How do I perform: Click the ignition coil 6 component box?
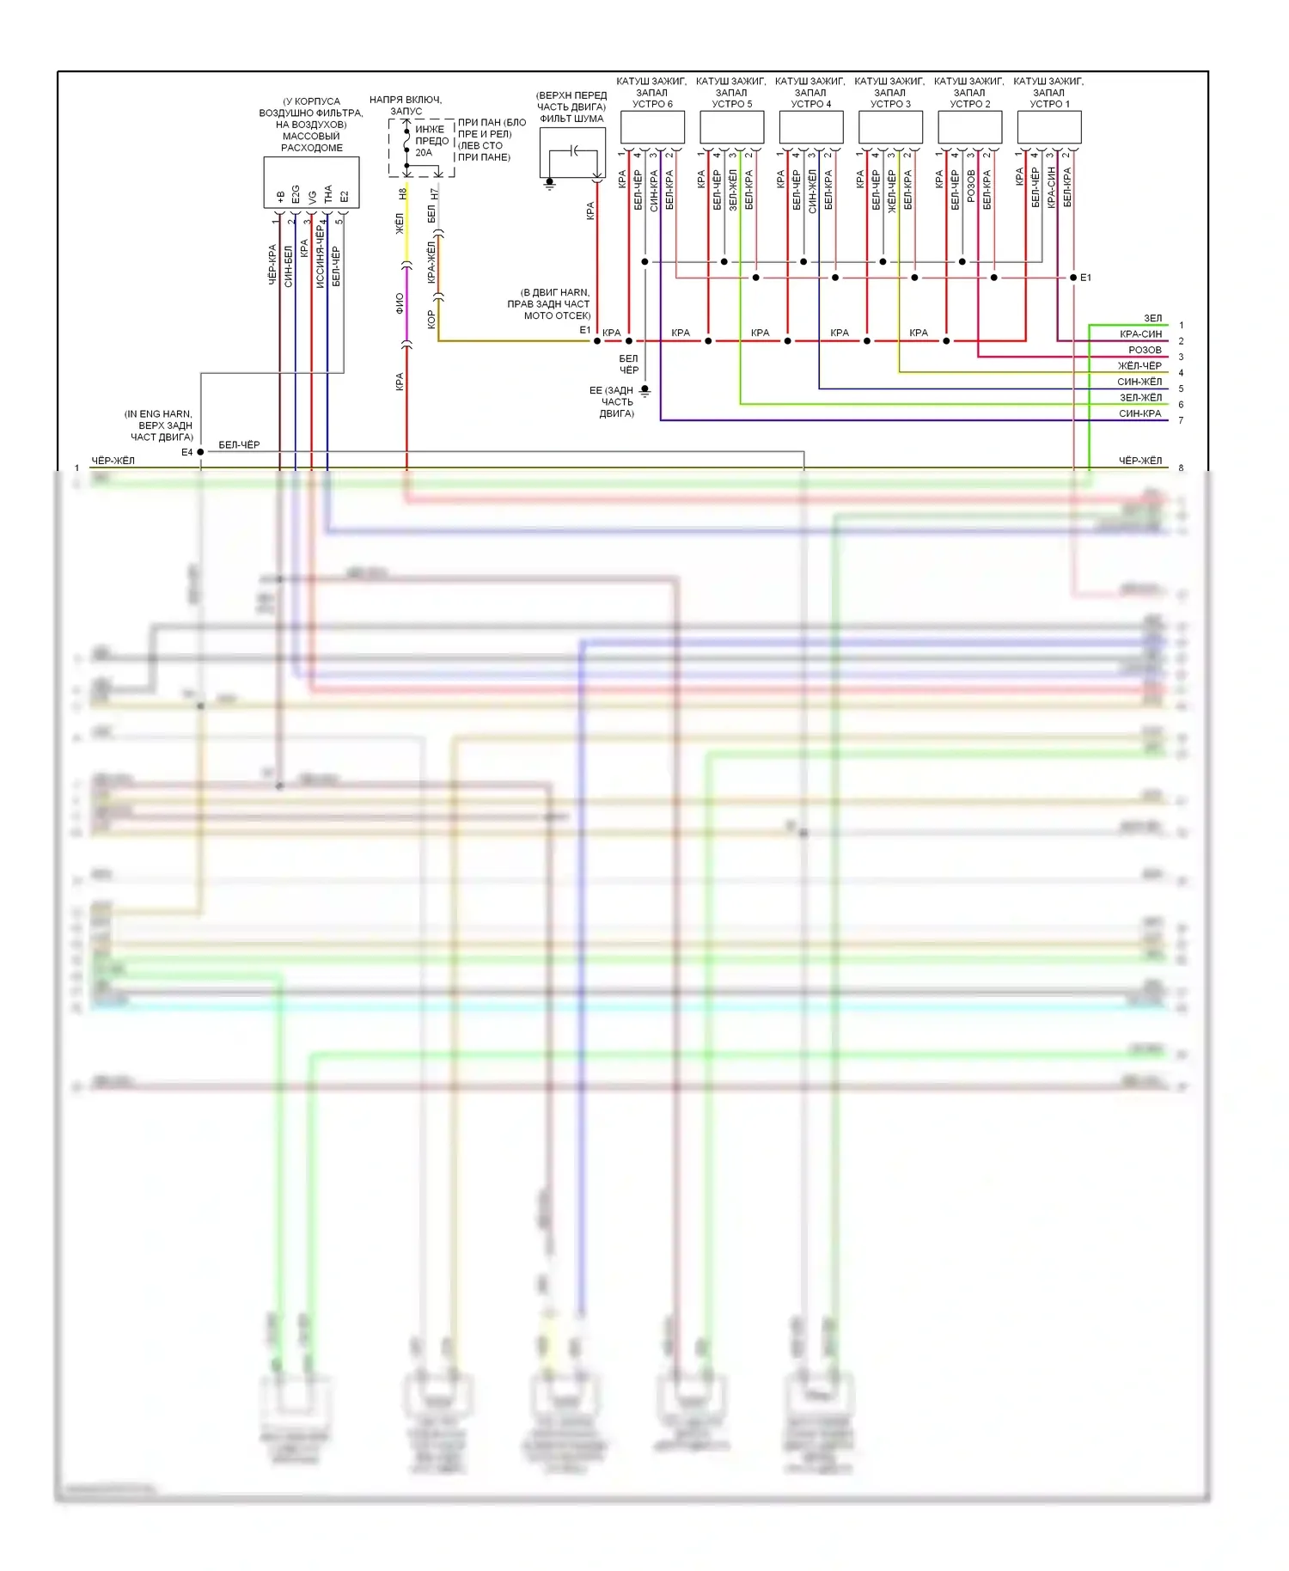pyautogui.click(x=652, y=127)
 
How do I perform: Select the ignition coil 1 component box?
pyautogui.click(x=1048, y=127)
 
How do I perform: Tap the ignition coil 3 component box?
pyautogui.click(x=890, y=127)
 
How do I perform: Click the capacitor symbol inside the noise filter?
pyautogui.click(x=574, y=152)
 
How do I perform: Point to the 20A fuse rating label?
pyautogui.click(x=424, y=153)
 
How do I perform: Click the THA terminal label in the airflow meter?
pyautogui.click(x=328, y=194)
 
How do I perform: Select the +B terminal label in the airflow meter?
pyautogui.click(x=280, y=197)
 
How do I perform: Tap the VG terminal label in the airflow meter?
pyautogui.click(x=312, y=197)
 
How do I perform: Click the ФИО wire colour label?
pyautogui.click(x=400, y=303)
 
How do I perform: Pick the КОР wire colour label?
pyautogui.click(x=431, y=320)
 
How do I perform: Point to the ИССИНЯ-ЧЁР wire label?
pyautogui.click(x=320, y=255)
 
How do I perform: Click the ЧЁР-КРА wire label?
pyautogui.click(x=272, y=265)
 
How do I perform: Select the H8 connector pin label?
pyautogui.click(x=401, y=194)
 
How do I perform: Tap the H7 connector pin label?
pyautogui.click(x=434, y=194)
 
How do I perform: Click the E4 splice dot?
pyautogui.click(x=200, y=452)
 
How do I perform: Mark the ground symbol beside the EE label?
pyautogui.click(x=644, y=392)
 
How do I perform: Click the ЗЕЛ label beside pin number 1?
pyautogui.click(x=1152, y=319)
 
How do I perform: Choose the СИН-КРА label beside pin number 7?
pyautogui.click(x=1139, y=414)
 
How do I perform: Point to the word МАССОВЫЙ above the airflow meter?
pyautogui.click(x=311, y=137)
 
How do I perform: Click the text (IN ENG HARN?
pyautogui.click(x=158, y=414)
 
